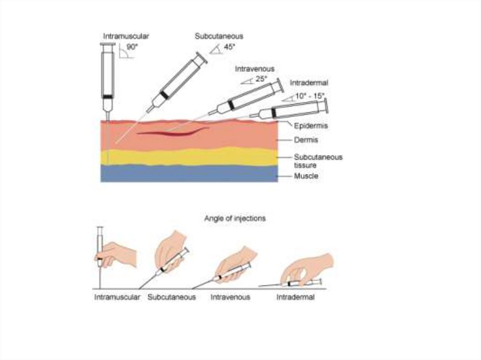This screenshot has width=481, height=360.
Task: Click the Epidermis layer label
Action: pyautogui.click(x=311, y=126)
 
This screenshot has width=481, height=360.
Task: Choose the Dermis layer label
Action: pyautogui.click(x=306, y=140)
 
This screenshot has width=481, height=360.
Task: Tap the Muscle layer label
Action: pyautogui.click(x=306, y=176)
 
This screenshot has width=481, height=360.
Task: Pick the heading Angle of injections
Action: pyautogui.click(x=235, y=218)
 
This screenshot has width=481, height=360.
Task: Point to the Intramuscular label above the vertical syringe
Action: pyautogui.click(x=126, y=36)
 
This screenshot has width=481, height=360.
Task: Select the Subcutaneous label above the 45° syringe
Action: pyautogui.click(x=219, y=36)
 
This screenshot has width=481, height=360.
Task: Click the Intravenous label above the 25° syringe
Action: pyautogui.click(x=255, y=69)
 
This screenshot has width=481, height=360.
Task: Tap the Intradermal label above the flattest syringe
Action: pyautogui.click(x=309, y=83)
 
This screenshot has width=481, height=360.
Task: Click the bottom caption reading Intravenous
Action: pyautogui.click(x=230, y=297)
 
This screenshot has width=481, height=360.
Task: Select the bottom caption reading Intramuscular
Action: pyautogui.click(x=117, y=297)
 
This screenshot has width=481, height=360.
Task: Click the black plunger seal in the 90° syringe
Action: pyautogui.click(x=108, y=97)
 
